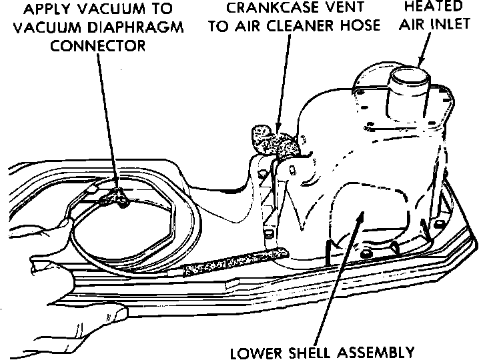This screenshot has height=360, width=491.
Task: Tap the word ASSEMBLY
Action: [382, 351]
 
